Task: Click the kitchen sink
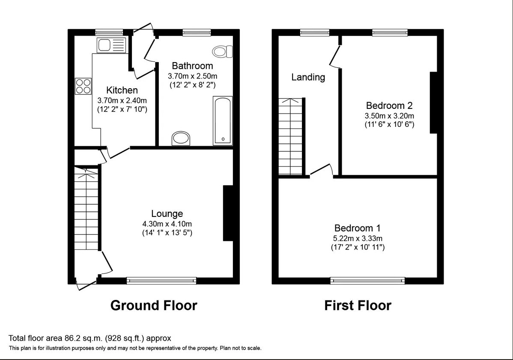coord(111,45)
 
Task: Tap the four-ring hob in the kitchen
coord(83,86)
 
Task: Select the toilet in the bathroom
coord(223,51)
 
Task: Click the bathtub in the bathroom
coord(223,120)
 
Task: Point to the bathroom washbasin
coord(181,138)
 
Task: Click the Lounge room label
coord(167,213)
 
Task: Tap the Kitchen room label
coord(122,90)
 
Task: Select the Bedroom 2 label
coord(389,105)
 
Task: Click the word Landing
coord(308,77)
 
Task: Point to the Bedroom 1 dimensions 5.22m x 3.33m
coord(358,238)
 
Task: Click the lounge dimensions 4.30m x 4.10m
coord(167,224)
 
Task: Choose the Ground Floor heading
coord(154,305)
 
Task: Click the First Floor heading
coord(358,305)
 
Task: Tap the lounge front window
coord(161,280)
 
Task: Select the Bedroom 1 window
coord(367,280)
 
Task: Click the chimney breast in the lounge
coord(228,213)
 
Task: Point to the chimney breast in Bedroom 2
coord(433,102)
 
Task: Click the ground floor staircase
coord(86,209)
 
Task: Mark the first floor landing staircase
coord(290,137)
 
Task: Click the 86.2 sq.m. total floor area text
coord(89,338)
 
